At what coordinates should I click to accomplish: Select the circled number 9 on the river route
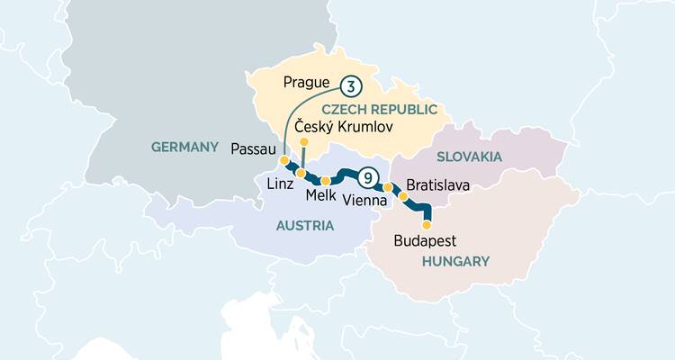[x=367, y=176]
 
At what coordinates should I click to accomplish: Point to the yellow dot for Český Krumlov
[x=304, y=142]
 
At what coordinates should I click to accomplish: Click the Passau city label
[x=253, y=148]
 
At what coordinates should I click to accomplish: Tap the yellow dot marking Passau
[x=284, y=160]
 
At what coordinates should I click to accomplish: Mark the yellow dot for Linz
[x=301, y=173]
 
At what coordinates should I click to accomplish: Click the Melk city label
[x=321, y=195]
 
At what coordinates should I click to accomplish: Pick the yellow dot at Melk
[x=326, y=181]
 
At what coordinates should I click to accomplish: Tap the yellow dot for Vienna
[x=388, y=188]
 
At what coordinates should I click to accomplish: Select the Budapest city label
[x=426, y=241]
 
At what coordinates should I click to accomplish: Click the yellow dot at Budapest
[x=427, y=225]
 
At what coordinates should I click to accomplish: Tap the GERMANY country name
[x=185, y=147]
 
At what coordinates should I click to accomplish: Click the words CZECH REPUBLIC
[x=392, y=109]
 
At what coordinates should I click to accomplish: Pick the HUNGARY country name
[x=455, y=261]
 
